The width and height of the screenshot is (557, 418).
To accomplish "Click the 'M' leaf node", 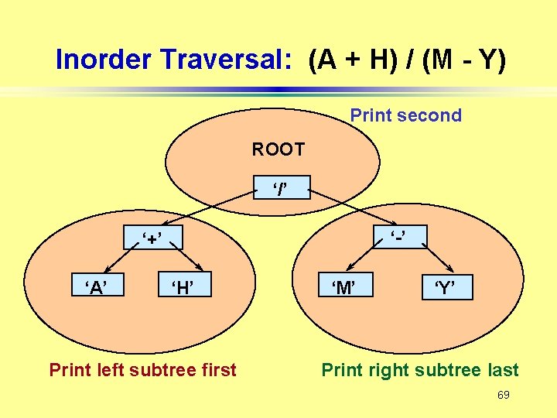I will tap(344, 289).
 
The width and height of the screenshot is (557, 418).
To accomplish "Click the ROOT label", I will tap(278, 149).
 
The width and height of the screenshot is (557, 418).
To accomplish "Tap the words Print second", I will tap(405, 115).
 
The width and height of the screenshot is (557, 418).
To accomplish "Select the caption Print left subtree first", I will tap(142, 370).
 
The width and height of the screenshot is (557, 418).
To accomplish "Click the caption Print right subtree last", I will tap(420, 370).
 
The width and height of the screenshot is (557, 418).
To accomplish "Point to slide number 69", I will tap(503, 396).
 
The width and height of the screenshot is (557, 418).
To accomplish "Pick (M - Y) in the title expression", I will tap(464, 60).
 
